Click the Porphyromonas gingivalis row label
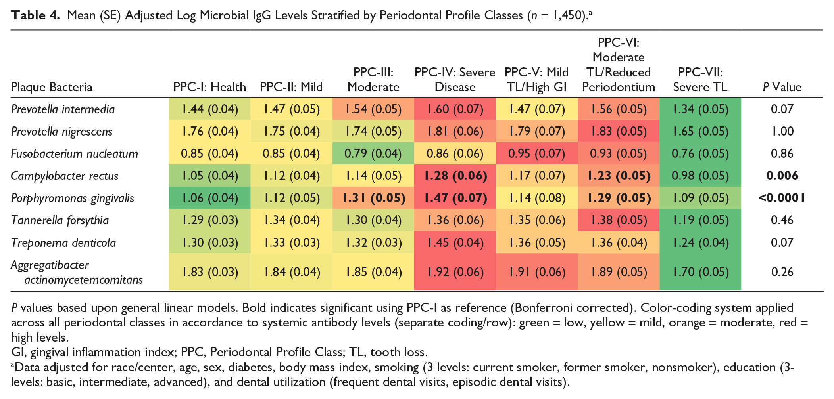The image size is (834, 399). pyautogui.click(x=73, y=198)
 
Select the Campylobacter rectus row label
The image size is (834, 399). pyautogui.click(x=65, y=176)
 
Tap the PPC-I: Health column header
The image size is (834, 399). pyautogui.click(x=209, y=87)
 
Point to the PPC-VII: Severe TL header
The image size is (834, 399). pyautogui.click(x=700, y=79)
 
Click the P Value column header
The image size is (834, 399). pyautogui.click(x=782, y=87)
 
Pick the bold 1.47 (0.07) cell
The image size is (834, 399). pyautogui.click(x=455, y=198)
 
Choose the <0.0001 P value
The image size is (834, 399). pyautogui.click(x=782, y=198)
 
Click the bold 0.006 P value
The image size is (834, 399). pyautogui.click(x=782, y=176)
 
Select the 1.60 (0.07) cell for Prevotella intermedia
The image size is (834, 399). pyautogui.click(x=455, y=109)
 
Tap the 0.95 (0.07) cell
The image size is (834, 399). pyautogui.click(x=537, y=153)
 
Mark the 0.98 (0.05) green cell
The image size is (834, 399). pyautogui.click(x=700, y=176)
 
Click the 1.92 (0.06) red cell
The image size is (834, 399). pyautogui.click(x=455, y=272)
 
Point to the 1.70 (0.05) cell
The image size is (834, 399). pyautogui.click(x=700, y=272)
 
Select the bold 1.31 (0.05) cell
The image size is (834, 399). pyautogui.click(x=373, y=198)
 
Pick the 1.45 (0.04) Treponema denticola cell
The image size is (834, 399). pyautogui.click(x=455, y=242)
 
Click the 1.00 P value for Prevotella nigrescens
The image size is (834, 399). pyautogui.click(x=782, y=131)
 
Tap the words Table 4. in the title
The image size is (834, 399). pyautogui.click(x=35, y=15)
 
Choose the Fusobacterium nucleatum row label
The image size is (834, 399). pyautogui.click(x=75, y=154)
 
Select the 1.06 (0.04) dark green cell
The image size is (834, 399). pyautogui.click(x=209, y=198)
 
